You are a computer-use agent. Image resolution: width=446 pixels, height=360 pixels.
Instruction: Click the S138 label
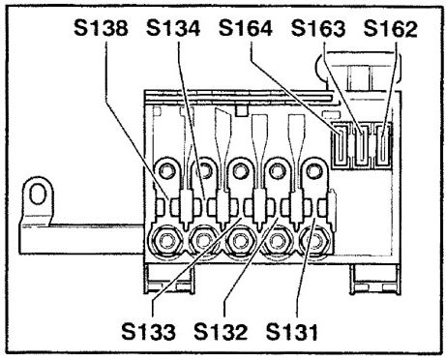click(x=101, y=28)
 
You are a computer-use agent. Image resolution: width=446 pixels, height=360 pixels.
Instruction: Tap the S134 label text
click(x=173, y=28)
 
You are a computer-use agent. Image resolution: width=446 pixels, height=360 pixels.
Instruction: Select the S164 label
click(x=246, y=28)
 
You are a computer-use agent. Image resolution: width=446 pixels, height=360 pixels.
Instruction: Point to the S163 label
click(x=318, y=28)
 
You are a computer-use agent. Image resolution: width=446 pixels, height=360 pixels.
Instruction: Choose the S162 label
click(x=391, y=28)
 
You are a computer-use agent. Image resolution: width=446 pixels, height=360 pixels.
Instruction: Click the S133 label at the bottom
click(x=149, y=331)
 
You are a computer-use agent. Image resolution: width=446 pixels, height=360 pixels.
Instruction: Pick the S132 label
click(x=221, y=331)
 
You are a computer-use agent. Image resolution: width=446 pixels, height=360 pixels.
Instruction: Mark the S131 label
click(x=292, y=331)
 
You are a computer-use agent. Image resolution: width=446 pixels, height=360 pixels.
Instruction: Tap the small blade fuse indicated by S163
click(x=362, y=145)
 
